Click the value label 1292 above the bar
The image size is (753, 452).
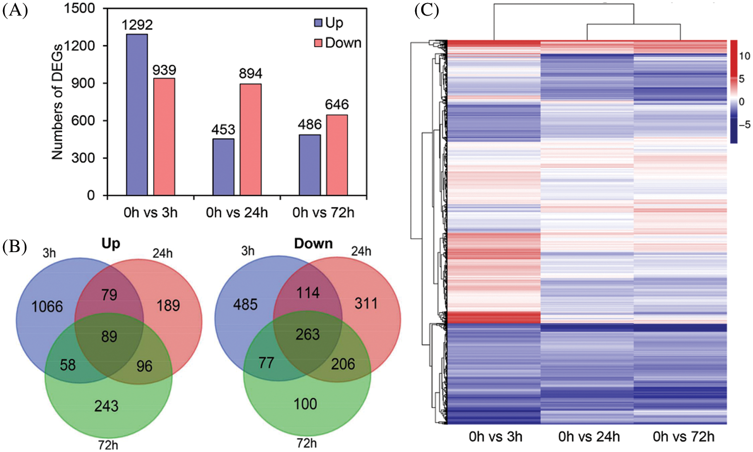coord(137,25)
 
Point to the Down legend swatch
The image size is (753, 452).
coord(318,43)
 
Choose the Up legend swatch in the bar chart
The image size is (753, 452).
coord(318,23)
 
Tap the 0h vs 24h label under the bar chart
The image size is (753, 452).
coord(237,212)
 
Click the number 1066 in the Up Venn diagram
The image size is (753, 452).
coord(47,306)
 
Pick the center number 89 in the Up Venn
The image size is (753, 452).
coord(109,336)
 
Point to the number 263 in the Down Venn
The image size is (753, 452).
coord(308,334)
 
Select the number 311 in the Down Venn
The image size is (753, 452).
coord(366,303)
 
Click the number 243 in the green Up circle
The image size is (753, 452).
coord(106,406)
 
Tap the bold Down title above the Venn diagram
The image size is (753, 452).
coord(313,244)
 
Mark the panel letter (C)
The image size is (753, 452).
coord(427,10)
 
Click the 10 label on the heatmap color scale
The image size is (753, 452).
coord(744,56)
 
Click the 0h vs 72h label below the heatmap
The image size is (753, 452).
coord(683,436)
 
